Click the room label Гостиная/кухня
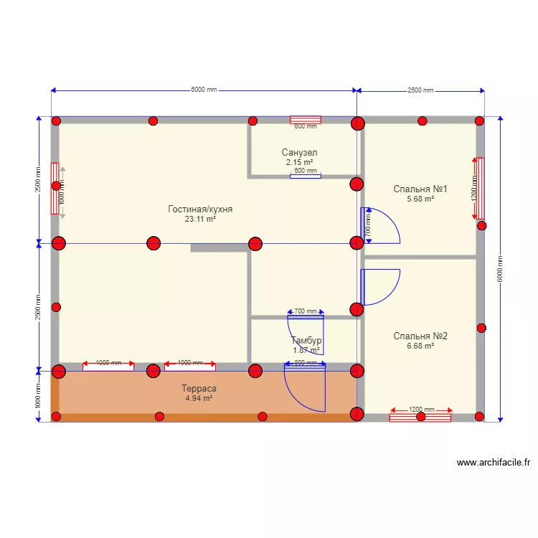point(200,209)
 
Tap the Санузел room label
point(299,153)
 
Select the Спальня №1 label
point(420,189)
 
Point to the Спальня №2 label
point(420,336)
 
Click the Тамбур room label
point(306,341)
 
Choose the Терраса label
point(200,388)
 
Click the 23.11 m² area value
point(200,220)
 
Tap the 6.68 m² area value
point(420,346)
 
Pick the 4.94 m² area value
point(200,398)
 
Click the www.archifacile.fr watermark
point(493,463)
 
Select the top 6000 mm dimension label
point(204,90)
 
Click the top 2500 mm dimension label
point(420,90)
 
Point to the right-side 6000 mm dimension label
point(500,270)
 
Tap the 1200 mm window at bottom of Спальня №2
point(420,416)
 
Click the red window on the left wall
point(55,188)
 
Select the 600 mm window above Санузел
point(305,120)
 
